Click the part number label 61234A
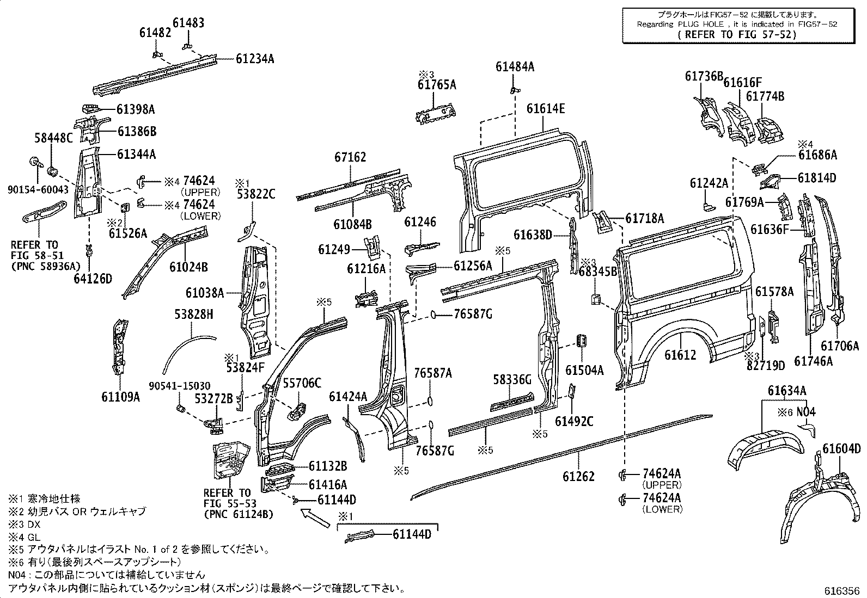pyautogui.click(x=255, y=59)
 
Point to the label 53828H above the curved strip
pyautogui.click(x=194, y=315)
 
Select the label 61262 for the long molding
pyautogui.click(x=578, y=477)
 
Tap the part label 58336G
pyautogui.click(x=512, y=379)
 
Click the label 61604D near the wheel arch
pyautogui.click(x=841, y=449)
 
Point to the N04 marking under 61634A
pyautogui.click(x=807, y=412)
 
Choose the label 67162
pyautogui.click(x=350, y=158)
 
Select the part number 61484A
pyautogui.click(x=515, y=67)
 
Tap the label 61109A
pyautogui.click(x=120, y=397)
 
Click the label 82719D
pyautogui.click(x=765, y=365)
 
